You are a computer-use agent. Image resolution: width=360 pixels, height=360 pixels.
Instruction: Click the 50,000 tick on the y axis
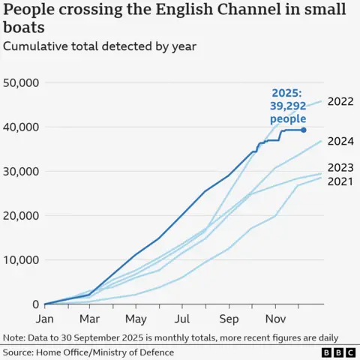(x=22, y=82)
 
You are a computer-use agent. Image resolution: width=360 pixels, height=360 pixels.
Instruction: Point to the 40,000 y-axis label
(x=22, y=127)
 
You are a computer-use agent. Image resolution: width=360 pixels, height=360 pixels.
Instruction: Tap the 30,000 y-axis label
(x=22, y=171)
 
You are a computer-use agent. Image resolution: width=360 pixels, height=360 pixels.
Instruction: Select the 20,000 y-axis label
(x=22, y=215)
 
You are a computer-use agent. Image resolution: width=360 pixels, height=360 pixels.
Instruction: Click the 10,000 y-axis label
(x=22, y=260)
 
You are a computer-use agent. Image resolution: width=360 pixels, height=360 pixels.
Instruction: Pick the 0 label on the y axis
(x=36, y=304)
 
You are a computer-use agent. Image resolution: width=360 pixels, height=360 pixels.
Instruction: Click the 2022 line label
(x=341, y=101)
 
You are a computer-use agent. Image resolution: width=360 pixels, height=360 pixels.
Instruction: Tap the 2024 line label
(x=341, y=141)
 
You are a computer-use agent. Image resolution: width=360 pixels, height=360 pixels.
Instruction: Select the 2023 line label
(x=341, y=167)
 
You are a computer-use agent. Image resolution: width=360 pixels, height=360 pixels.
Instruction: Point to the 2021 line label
(x=341, y=181)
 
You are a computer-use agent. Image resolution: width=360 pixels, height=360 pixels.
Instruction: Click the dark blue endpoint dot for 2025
(x=304, y=130)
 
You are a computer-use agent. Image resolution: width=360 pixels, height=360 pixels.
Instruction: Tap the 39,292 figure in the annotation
(x=288, y=106)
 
